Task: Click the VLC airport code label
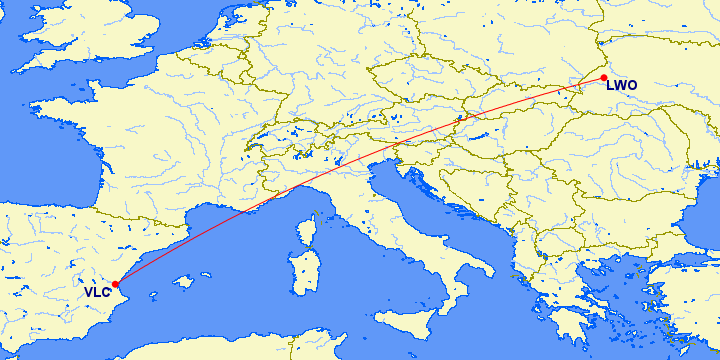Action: (x=97, y=293)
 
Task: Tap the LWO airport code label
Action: (x=620, y=86)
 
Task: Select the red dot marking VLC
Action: (x=117, y=284)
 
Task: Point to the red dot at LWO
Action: (x=604, y=77)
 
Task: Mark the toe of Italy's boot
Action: (x=451, y=306)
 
